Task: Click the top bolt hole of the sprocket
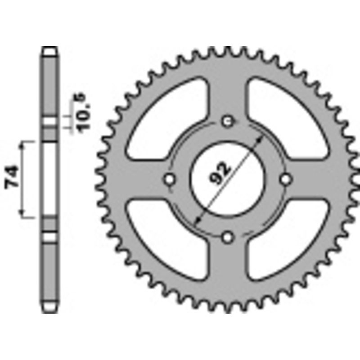[x=228, y=121]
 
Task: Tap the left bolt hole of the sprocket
[x=170, y=179]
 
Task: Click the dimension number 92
[x=220, y=172]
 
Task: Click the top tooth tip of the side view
[x=50, y=50]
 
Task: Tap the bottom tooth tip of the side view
[x=50, y=309]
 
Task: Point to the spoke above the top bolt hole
[x=228, y=90]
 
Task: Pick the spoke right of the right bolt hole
[x=315, y=179]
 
